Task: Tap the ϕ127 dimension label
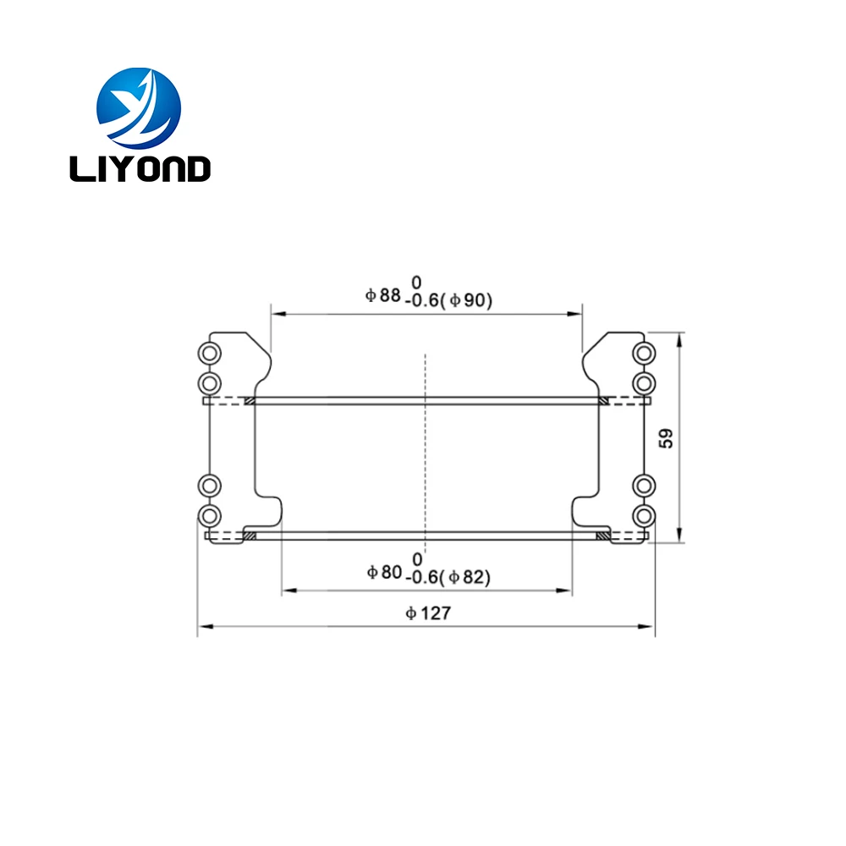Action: coord(428,613)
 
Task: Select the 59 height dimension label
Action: coord(667,437)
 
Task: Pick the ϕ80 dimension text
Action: coord(384,573)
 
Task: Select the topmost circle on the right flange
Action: coord(644,353)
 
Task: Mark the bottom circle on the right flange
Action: coord(644,515)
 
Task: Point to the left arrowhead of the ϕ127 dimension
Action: coord(202,627)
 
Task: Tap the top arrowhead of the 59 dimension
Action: coord(680,337)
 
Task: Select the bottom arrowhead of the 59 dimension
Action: coord(680,538)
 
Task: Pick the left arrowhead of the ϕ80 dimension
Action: coord(287,589)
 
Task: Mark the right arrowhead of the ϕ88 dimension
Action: coord(578,313)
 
